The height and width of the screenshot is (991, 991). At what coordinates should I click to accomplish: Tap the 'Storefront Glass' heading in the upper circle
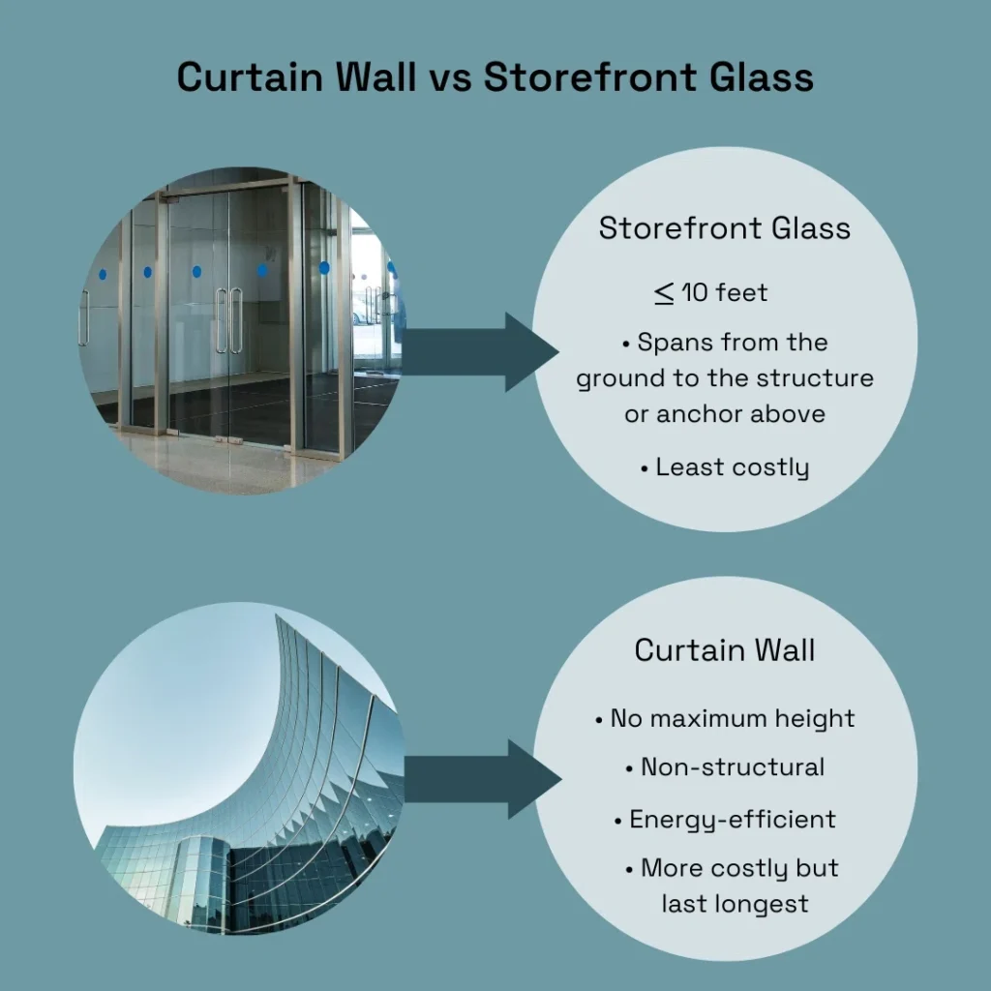(x=725, y=228)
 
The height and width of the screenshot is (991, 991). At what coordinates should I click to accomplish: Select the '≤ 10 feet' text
(x=711, y=291)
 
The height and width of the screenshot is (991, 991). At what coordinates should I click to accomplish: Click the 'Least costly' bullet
(x=725, y=467)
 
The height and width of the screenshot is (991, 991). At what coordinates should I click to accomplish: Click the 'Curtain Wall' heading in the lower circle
(x=725, y=650)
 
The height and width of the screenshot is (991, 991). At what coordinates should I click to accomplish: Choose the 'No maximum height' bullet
(x=725, y=719)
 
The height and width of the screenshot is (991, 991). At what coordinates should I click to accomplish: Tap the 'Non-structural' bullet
(x=725, y=767)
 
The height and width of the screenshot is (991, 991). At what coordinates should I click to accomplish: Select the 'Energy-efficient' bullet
(x=725, y=819)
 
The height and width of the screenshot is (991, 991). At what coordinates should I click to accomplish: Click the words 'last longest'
(x=735, y=904)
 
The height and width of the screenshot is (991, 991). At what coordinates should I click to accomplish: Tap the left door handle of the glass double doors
(x=221, y=321)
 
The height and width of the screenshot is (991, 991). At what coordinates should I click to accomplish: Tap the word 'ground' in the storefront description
(x=614, y=378)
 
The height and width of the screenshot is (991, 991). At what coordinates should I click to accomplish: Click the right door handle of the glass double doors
(x=236, y=321)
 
